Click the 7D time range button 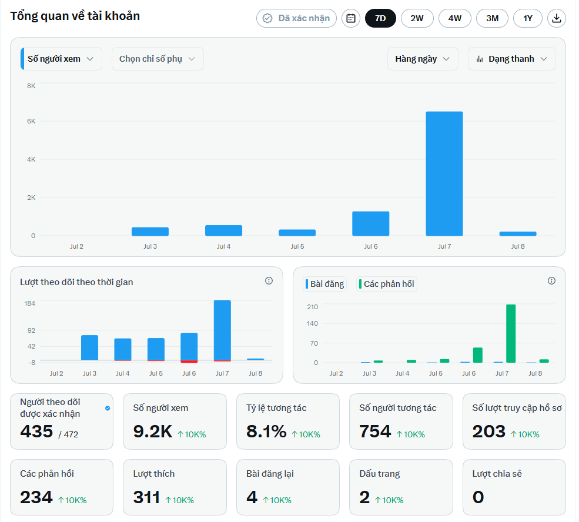(x=380, y=18)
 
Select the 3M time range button (x=492, y=18)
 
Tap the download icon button (x=557, y=18)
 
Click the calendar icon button (x=351, y=18)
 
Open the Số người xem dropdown (x=61, y=59)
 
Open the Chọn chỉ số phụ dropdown (x=158, y=59)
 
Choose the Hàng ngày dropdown (x=423, y=59)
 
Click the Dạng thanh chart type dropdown (x=512, y=59)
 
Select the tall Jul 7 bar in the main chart (x=444, y=173)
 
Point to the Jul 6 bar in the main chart (x=371, y=224)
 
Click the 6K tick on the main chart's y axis (x=31, y=121)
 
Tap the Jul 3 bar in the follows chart (x=90, y=347)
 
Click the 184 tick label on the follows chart (x=29, y=303)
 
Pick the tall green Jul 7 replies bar (x=511, y=334)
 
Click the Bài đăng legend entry (x=325, y=284)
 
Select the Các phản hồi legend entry (x=387, y=284)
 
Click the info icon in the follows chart (x=269, y=281)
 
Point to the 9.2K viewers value (x=152, y=431)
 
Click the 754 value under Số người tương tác (x=375, y=431)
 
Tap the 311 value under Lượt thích (x=146, y=497)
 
